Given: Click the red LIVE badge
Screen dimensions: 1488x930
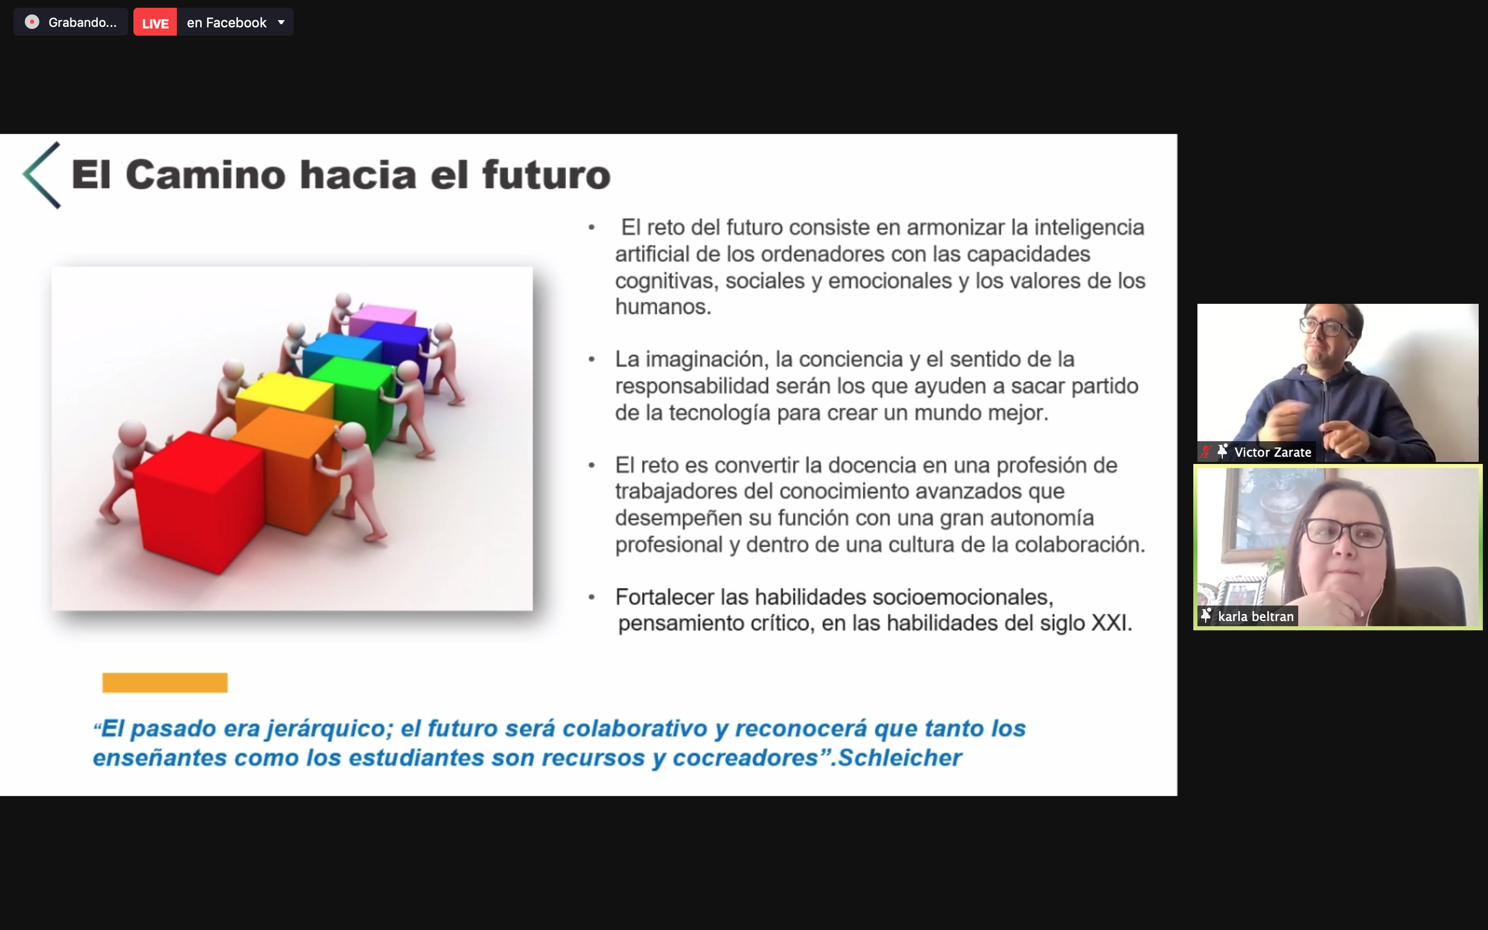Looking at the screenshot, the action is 155,23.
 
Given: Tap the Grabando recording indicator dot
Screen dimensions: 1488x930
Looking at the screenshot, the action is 32,22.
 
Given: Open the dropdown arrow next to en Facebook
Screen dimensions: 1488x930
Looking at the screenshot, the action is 281,23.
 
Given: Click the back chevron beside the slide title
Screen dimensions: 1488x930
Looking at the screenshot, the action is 41,175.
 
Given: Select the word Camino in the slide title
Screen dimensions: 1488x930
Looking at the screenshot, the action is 206,175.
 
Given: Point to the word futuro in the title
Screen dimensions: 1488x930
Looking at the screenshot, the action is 546,175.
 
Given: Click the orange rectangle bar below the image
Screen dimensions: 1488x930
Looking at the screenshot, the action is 165,683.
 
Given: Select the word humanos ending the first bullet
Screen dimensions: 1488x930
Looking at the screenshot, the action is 663,307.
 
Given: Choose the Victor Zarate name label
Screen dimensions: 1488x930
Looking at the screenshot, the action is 1272,452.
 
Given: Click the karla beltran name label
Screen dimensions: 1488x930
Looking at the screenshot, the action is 1255,616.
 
